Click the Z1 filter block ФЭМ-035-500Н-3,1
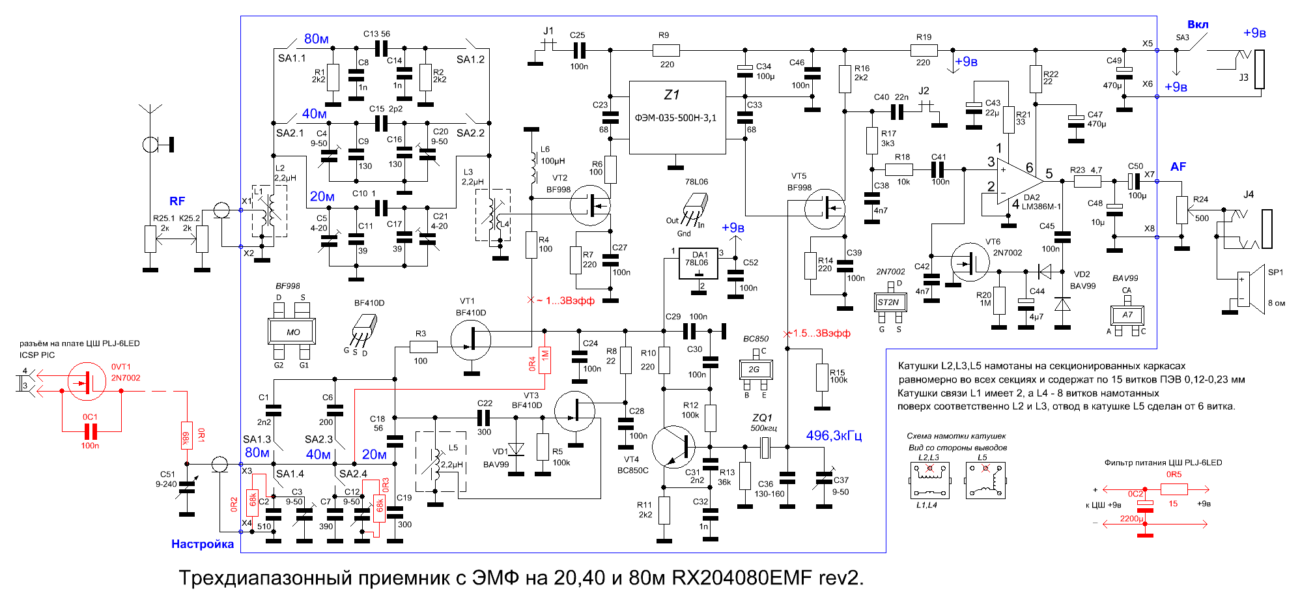[677, 117]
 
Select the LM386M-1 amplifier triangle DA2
[1019, 182]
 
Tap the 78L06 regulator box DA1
[698, 263]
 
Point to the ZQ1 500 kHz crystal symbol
[766, 447]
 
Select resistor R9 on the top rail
[666, 50]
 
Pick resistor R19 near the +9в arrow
[924, 50]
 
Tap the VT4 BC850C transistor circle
[675, 447]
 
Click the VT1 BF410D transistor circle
[471, 339]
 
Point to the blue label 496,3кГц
[834, 435]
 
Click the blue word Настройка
[203, 544]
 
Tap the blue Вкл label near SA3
[1198, 25]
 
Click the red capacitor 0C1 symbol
[91, 431]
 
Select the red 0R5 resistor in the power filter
[1174, 489]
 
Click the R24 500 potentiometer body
[1182, 209]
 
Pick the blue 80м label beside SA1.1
[317, 39]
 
